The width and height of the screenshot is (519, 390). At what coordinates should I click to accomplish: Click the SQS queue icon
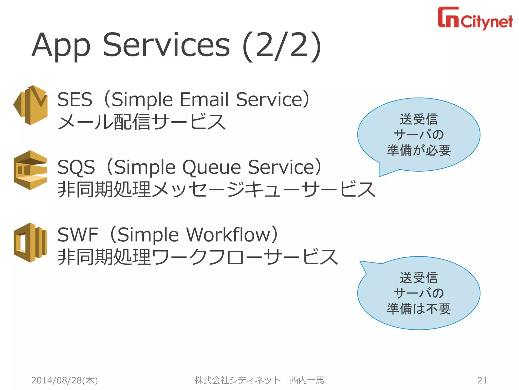[x=30, y=170]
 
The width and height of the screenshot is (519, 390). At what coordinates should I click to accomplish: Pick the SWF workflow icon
[x=30, y=242]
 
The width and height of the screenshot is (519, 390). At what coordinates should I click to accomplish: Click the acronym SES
[x=75, y=100]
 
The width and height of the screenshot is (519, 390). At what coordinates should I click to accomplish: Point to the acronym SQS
[x=76, y=167]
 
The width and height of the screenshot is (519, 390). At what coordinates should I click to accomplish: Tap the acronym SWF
[x=78, y=235]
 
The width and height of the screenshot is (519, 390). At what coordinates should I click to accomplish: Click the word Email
[x=204, y=100]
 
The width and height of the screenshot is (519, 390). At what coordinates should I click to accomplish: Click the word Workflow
[x=228, y=235]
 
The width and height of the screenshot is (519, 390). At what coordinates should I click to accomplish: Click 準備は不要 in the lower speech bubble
[x=419, y=309]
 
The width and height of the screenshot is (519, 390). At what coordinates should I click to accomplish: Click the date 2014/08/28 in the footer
[x=56, y=380]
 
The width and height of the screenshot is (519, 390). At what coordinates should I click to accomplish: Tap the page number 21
[x=482, y=380]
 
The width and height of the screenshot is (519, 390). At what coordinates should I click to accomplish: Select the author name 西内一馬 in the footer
[x=307, y=380]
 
